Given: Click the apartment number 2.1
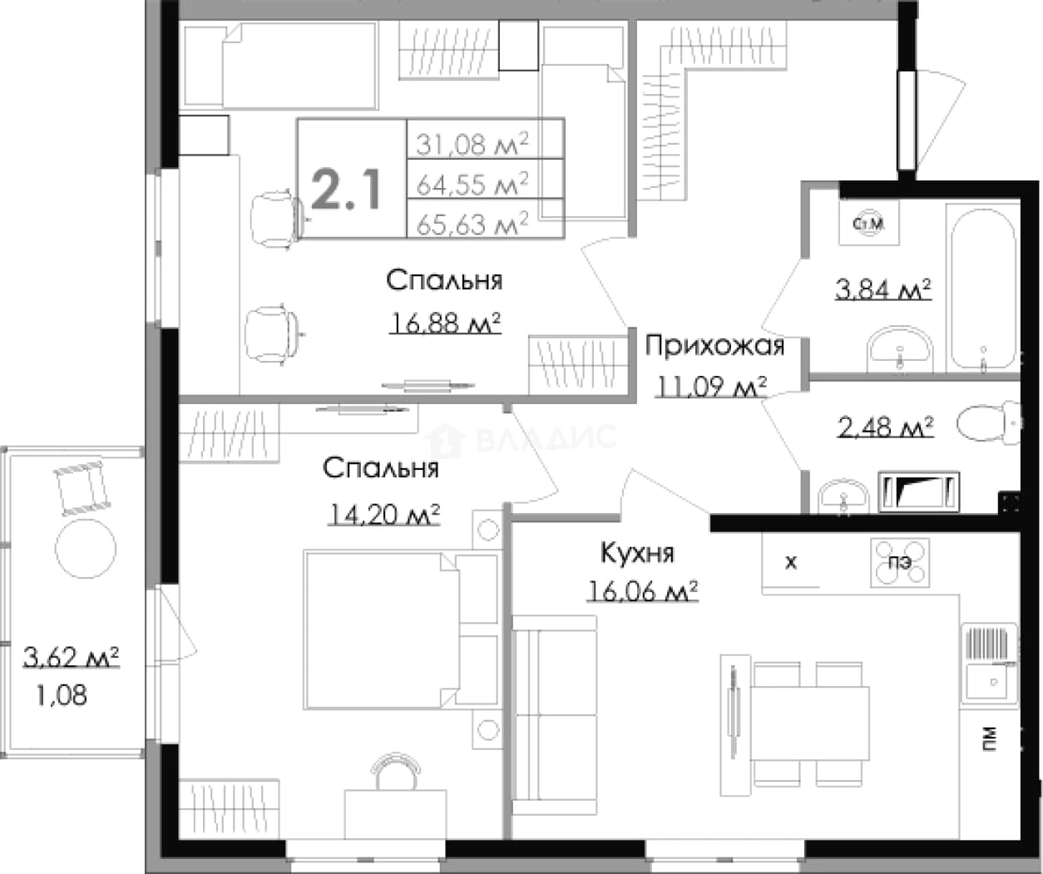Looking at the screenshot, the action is click(x=346, y=190).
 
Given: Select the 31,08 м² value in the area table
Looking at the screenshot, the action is click(x=472, y=145).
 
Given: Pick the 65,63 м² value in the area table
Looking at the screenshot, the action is click(x=472, y=224).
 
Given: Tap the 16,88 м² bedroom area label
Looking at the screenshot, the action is click(x=445, y=323).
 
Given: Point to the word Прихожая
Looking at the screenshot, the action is click(x=714, y=347).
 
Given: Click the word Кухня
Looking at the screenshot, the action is click(x=637, y=553).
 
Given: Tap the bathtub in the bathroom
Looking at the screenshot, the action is click(x=982, y=289).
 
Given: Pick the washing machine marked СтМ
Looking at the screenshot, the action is click(x=868, y=223).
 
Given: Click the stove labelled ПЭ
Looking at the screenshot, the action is click(x=900, y=562).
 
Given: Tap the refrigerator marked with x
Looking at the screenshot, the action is click(x=791, y=562).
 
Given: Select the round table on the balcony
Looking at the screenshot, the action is click(x=86, y=549).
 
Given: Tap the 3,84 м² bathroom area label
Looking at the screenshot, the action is click(x=883, y=289).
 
